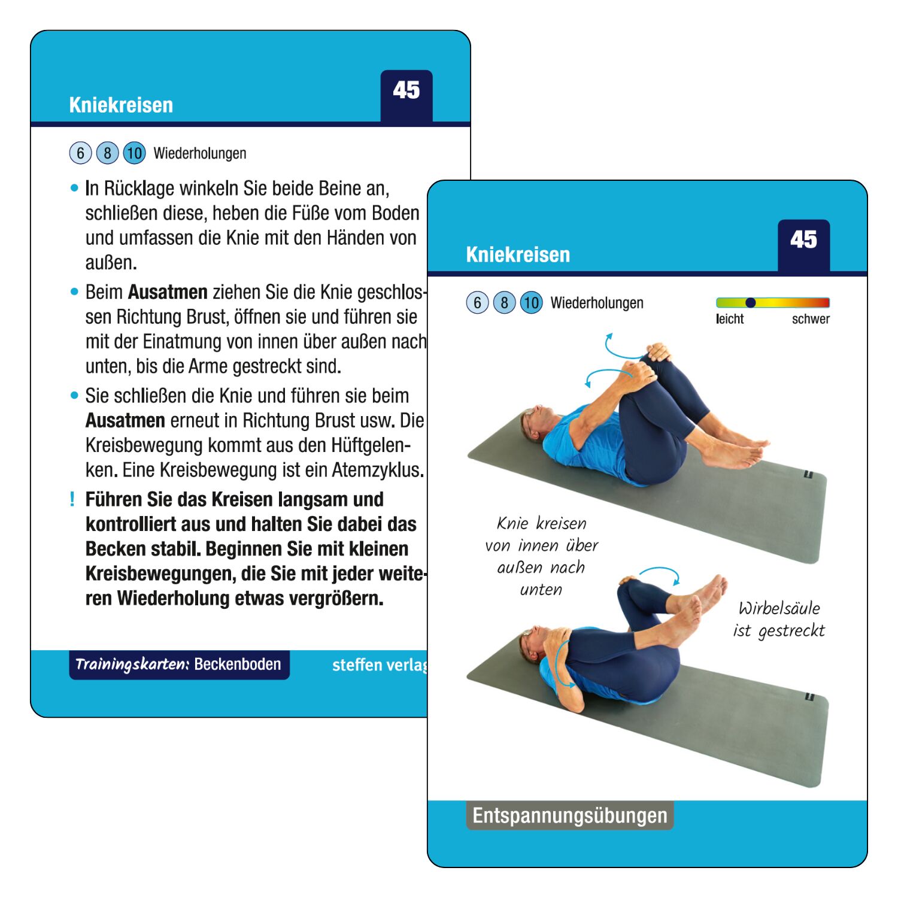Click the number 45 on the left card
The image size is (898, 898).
click(406, 90)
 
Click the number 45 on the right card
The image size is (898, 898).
click(803, 240)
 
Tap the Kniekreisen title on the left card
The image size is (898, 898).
click(121, 105)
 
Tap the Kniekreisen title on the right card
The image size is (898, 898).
click(518, 254)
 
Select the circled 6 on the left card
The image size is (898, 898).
click(80, 153)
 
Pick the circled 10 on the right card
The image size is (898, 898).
click(531, 303)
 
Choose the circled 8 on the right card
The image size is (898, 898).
click(504, 303)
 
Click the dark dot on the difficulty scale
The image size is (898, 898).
click(750, 302)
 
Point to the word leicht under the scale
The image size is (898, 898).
click(730, 319)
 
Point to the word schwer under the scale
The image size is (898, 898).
click(811, 319)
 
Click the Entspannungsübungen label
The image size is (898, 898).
click(570, 815)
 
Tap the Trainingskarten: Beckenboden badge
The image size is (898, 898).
click(179, 665)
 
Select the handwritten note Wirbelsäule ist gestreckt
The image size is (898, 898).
click(779, 620)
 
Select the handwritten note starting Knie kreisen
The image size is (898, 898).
click(541, 556)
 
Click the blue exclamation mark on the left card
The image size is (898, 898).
click(72, 499)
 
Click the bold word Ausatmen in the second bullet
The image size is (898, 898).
click(168, 292)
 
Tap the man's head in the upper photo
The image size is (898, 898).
click(536, 422)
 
